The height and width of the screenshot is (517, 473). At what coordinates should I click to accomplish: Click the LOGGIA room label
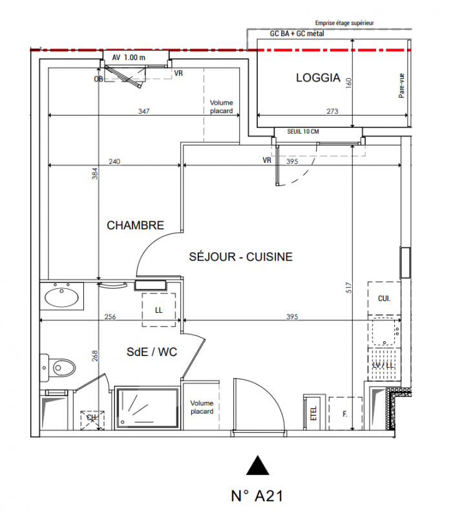point(318,78)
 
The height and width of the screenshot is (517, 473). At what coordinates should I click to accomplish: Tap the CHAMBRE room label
point(135,226)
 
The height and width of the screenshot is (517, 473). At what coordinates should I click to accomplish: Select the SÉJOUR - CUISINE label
point(240,257)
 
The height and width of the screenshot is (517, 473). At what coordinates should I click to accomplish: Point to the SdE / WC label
point(151,352)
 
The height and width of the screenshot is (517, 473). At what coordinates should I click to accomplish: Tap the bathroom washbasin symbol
point(62,298)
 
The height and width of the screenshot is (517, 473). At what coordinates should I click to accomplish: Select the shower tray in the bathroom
point(147,408)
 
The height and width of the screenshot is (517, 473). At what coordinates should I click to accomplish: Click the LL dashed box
point(159,309)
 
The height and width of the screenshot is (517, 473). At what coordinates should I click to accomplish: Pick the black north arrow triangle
point(258,465)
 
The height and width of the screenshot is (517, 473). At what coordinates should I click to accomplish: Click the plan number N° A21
point(257,496)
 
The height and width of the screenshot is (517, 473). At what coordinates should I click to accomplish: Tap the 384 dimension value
point(94,174)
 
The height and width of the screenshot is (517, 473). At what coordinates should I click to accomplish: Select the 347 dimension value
point(144,111)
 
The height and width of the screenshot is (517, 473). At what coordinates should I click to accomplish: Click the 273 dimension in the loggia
point(332,111)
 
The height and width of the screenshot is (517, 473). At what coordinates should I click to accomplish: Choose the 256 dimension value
point(109,317)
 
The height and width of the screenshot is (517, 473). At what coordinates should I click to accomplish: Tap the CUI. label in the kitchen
point(384,298)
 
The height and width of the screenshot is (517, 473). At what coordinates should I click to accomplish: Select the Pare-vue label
point(401,85)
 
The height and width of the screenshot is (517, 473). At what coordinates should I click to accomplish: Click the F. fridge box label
point(344,412)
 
